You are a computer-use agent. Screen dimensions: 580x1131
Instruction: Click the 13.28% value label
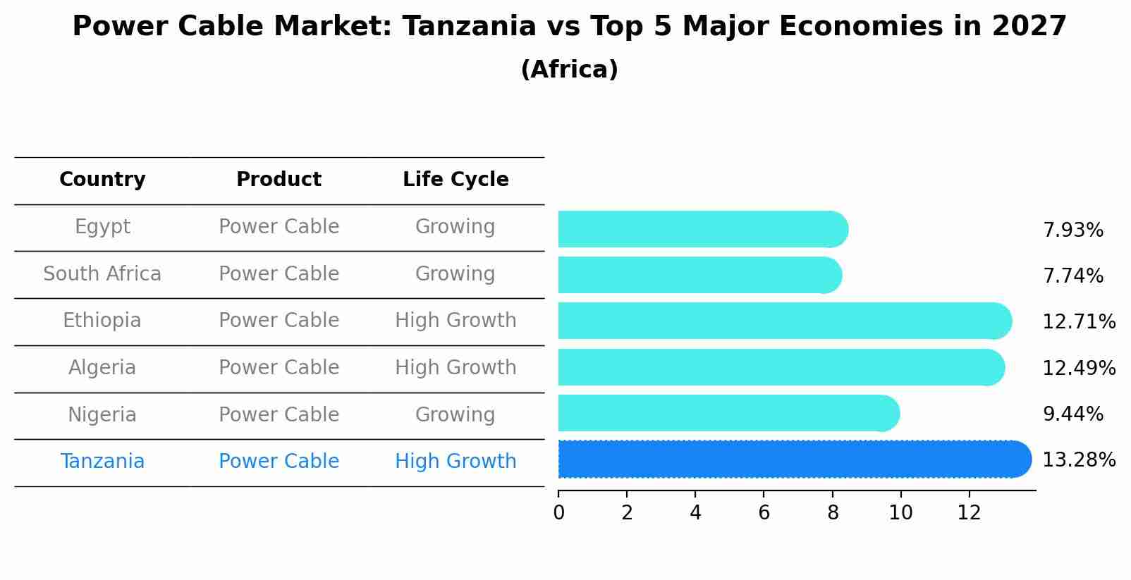click(x=1078, y=460)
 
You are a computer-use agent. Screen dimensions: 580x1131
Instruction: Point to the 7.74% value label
click(x=1072, y=276)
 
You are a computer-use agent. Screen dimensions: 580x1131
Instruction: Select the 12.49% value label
click(x=1078, y=369)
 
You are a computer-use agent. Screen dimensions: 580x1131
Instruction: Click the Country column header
click(x=102, y=180)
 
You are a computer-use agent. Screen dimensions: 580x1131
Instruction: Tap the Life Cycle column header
click(x=456, y=180)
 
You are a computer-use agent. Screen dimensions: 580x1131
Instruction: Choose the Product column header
click(x=279, y=180)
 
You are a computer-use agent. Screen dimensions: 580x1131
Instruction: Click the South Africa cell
click(x=102, y=274)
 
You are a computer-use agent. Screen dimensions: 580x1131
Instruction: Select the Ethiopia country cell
click(x=102, y=321)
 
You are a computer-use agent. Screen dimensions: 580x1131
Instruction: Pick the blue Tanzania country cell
click(x=102, y=462)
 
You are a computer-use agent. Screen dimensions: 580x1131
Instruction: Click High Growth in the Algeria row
click(x=456, y=368)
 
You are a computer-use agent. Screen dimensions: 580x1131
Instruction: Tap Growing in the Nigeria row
click(x=456, y=415)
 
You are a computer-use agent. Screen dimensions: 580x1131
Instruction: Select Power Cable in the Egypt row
click(x=279, y=227)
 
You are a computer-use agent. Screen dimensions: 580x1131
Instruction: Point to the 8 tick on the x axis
click(x=833, y=513)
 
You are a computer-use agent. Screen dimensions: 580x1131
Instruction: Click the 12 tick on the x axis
click(x=969, y=513)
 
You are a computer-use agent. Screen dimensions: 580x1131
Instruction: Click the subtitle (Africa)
click(x=569, y=70)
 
